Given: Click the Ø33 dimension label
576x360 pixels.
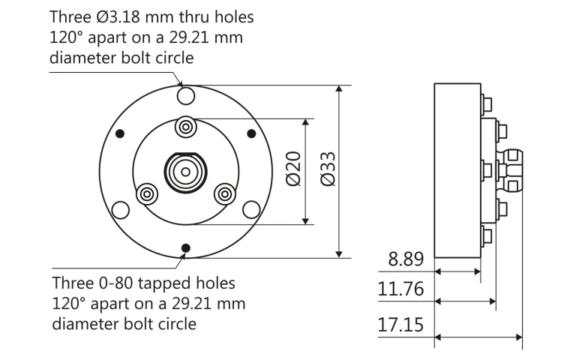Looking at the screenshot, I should (327, 171).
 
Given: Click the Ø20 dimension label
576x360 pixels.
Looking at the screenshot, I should (293, 171).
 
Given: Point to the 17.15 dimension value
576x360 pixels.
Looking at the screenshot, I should (401, 326).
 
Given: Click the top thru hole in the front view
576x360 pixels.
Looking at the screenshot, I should (185, 95).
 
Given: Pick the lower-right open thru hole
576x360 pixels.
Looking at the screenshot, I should (252, 208).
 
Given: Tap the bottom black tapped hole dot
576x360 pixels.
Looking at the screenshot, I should (185, 248).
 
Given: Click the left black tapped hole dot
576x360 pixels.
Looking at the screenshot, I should (119, 133).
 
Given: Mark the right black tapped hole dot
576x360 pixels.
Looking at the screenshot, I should (251, 133).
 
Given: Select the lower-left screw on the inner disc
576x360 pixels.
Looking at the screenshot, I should (147, 193).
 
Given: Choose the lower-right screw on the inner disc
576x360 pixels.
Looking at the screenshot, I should (223, 193).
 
